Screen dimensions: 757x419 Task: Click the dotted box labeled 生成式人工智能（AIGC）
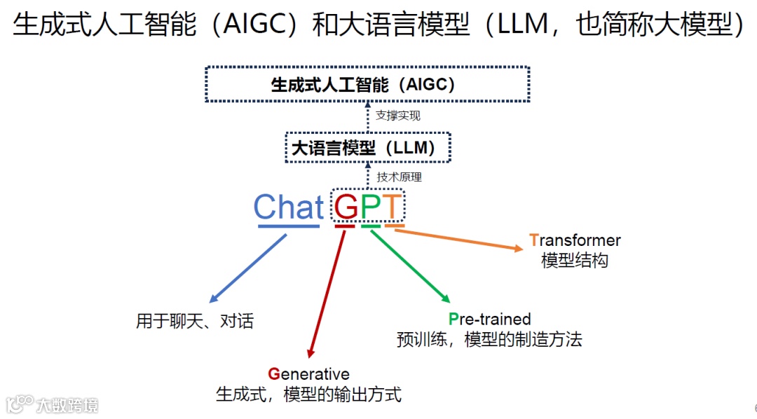click(367, 84)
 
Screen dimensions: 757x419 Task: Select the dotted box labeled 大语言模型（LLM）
click(367, 148)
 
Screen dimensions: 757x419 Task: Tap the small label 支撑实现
click(397, 116)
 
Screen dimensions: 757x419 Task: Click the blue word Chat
click(289, 207)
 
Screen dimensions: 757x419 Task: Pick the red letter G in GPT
click(346, 207)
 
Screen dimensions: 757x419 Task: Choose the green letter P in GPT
click(370, 207)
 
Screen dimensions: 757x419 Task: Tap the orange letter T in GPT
click(393, 207)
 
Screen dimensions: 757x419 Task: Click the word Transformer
click(575, 240)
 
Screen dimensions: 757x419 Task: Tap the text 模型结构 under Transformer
click(575, 261)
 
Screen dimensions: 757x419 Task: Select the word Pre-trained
click(489, 320)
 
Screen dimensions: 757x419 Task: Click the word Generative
click(308, 374)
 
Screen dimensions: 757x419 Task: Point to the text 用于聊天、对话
click(195, 322)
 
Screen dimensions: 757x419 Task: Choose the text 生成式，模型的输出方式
click(308, 394)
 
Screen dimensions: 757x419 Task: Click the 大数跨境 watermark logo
click(52, 404)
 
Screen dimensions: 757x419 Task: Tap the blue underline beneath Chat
click(289, 226)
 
